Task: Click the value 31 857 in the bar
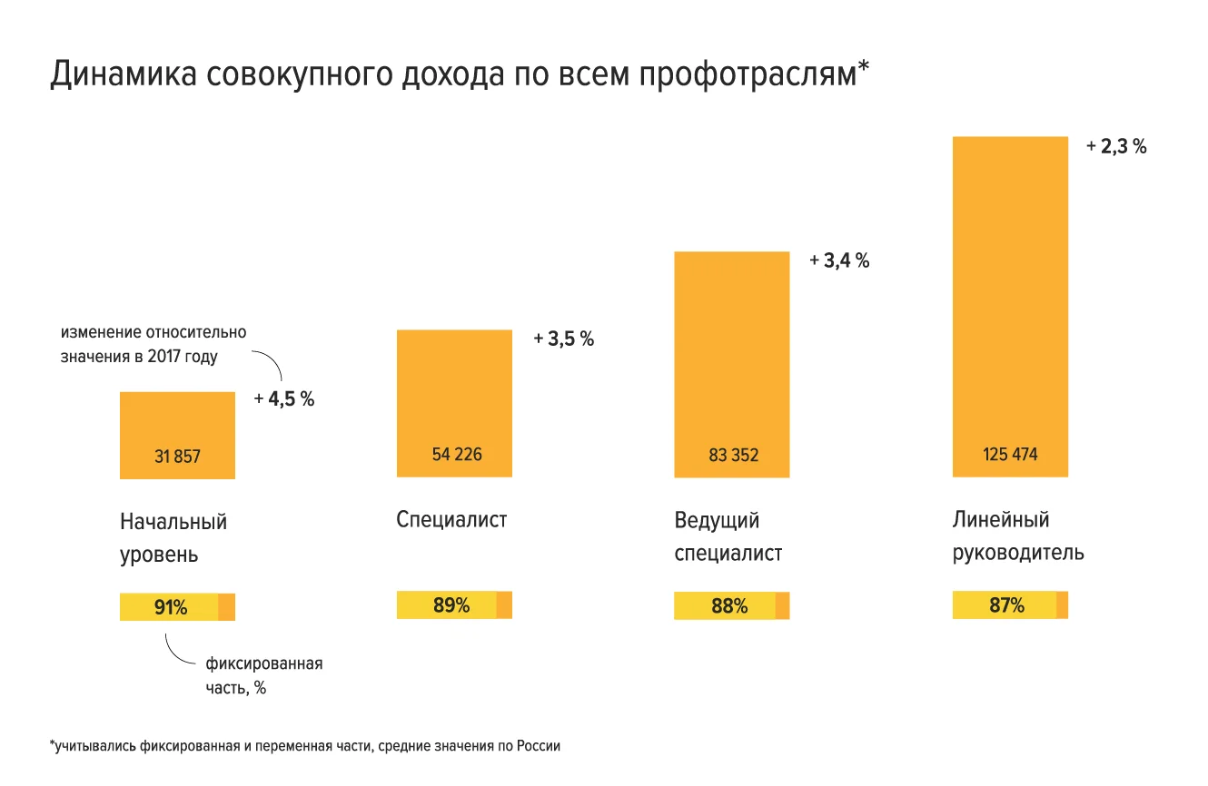[x=177, y=457]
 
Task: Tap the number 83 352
[x=733, y=456]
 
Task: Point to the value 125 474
[x=1009, y=455]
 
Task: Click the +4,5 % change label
[x=284, y=398]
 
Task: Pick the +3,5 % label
[x=563, y=339]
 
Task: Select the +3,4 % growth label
[x=839, y=261]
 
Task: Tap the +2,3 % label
[x=1116, y=146]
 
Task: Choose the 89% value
[x=451, y=605]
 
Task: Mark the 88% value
[x=729, y=606]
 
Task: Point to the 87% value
[x=1006, y=605]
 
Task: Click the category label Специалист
[x=451, y=520]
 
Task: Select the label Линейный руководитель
[x=1017, y=536]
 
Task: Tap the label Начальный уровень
[x=173, y=538]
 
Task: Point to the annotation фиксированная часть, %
[x=263, y=675]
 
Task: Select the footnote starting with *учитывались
[x=305, y=747]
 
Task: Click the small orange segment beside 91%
[x=227, y=607]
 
